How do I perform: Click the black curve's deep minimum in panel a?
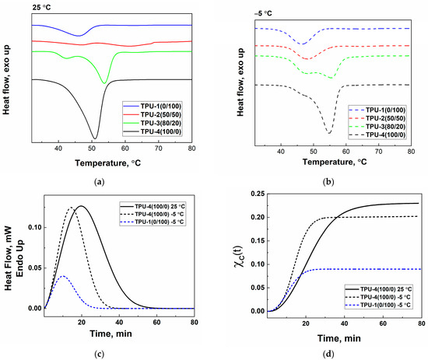pyautogui.click(x=94, y=138)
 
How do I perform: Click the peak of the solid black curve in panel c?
pyautogui.click(x=79, y=206)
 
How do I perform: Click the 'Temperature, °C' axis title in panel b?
pyautogui.click(x=332, y=163)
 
